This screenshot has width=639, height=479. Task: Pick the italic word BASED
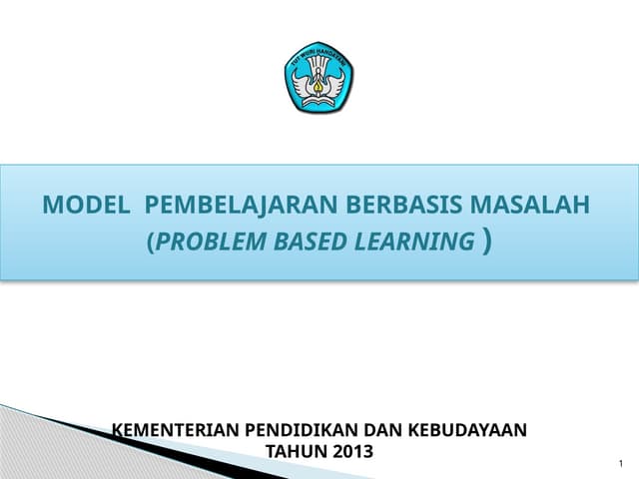pos(305,241)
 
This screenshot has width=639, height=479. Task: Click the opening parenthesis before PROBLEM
pos(151,242)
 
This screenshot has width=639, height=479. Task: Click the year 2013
pos(353,451)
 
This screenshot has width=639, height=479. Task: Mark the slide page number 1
pos(620,464)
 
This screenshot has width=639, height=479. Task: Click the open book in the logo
pos(319,100)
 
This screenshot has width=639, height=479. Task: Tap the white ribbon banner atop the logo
pos(319,58)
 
